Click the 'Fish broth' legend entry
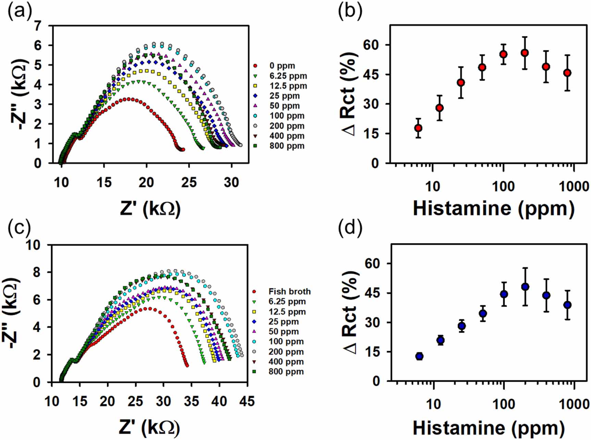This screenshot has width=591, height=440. [x=289, y=292]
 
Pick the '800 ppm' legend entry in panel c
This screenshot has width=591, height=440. [x=286, y=372]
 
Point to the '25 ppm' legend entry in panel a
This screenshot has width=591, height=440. [x=284, y=96]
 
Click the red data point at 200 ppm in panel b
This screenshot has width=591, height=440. [x=525, y=53]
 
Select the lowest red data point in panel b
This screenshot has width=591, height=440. [x=418, y=128]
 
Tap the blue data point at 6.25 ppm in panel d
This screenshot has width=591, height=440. [x=419, y=356]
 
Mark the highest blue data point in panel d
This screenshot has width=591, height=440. [x=525, y=287]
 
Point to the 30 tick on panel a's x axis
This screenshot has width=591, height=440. [x=232, y=182]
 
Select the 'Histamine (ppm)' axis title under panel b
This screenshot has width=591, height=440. [x=493, y=208]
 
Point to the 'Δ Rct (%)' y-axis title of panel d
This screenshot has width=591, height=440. [x=350, y=313]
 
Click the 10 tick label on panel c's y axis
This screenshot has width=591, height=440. [x=34, y=245]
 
